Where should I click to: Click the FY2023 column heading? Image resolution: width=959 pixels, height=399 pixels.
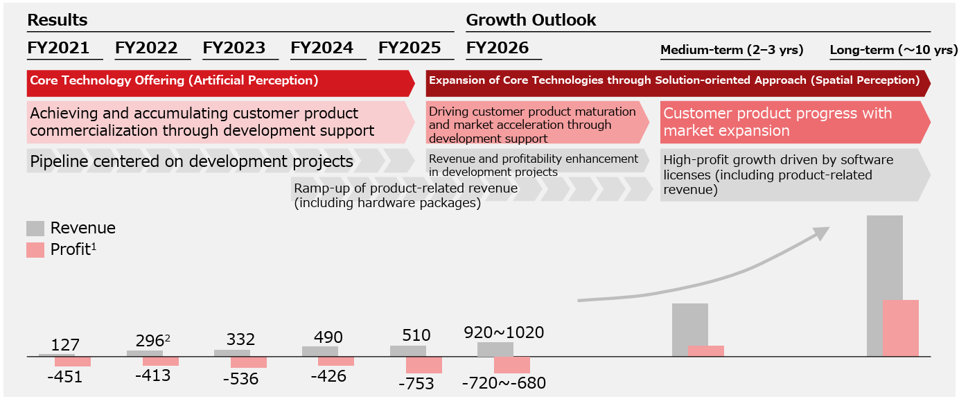tap(234, 48)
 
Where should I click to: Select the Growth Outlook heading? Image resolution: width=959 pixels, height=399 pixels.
tap(531, 20)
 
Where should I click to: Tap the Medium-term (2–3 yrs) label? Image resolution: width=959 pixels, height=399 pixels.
tap(732, 50)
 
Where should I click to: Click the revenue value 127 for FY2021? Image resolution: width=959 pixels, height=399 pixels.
tap(66, 345)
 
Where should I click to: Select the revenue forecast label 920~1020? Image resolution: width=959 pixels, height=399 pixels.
tap(504, 332)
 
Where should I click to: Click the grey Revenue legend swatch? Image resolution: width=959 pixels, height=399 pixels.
tap(35, 229)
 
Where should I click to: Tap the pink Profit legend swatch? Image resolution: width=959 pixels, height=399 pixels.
tap(35, 250)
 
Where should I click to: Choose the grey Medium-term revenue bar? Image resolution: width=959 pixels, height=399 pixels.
tap(689, 330)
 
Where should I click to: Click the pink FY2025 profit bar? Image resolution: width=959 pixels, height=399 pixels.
tap(424, 365)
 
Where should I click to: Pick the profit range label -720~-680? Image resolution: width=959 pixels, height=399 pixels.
tap(504, 382)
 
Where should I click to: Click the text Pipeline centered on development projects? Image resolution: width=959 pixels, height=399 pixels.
tap(191, 162)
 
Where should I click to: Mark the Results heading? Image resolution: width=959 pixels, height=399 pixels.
tap(57, 20)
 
